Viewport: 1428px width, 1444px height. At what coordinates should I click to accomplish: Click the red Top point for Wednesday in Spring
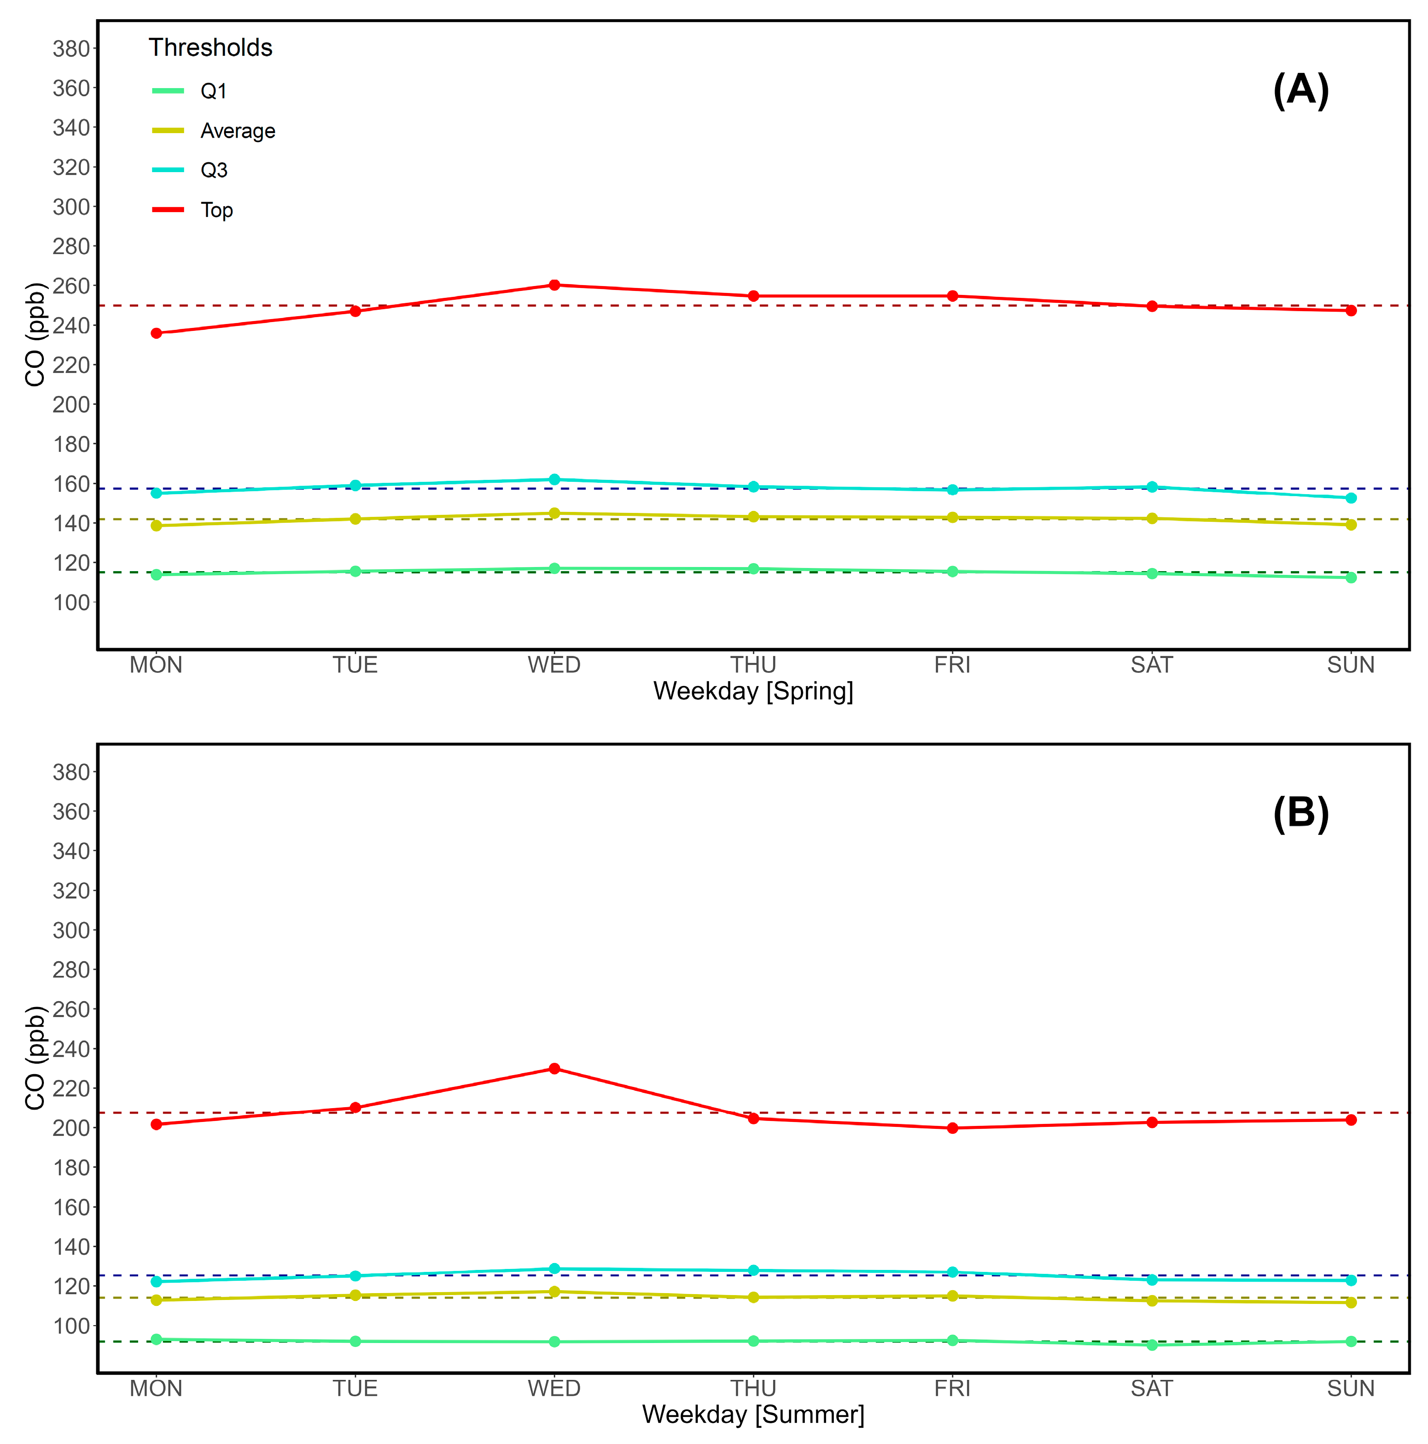554,285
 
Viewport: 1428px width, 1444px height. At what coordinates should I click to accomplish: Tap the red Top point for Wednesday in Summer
554,1068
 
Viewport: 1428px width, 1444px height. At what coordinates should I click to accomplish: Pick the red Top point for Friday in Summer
952,1128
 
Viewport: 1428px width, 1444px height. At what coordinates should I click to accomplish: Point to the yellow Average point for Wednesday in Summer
554,1292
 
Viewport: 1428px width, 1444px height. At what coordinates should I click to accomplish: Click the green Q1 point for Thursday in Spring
753,569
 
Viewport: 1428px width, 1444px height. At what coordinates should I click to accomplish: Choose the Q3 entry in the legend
214,171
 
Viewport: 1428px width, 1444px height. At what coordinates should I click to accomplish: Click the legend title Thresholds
210,48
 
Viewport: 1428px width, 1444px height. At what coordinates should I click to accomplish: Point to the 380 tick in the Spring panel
71,49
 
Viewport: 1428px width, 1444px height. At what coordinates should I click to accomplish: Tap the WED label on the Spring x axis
554,664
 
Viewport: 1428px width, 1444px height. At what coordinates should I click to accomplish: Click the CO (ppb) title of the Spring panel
35,334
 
